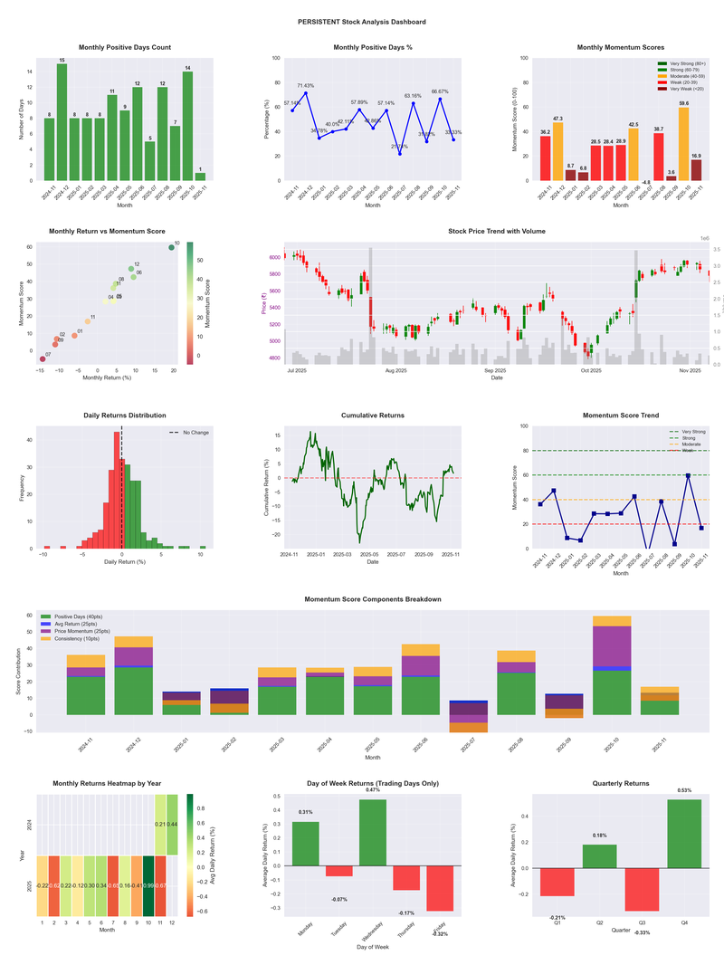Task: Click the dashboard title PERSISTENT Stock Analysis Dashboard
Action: click(362, 21)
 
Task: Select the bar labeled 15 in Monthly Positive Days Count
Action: click(62, 122)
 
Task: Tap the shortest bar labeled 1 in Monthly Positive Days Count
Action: click(200, 177)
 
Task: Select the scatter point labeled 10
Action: click(171, 247)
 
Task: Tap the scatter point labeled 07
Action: click(43, 359)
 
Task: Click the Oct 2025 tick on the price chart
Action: click(591, 370)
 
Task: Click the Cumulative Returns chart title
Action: click(373, 415)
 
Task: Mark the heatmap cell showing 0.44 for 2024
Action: click(172, 825)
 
